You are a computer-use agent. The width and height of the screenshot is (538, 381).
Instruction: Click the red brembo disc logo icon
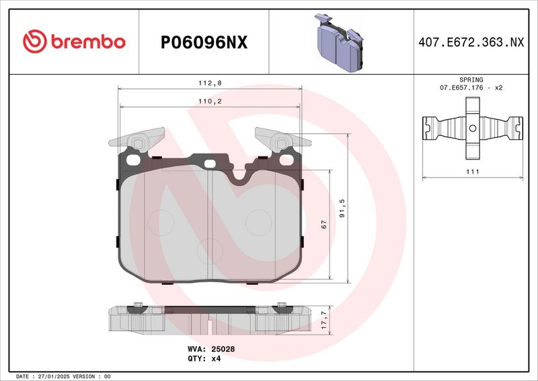[35, 42]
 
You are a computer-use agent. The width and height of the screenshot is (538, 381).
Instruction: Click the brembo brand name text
[88, 42]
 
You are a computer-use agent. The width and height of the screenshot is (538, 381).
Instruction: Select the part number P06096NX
[204, 42]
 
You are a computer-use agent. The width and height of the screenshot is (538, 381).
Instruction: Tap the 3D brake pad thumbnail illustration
[339, 42]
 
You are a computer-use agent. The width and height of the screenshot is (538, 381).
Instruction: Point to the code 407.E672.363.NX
[471, 42]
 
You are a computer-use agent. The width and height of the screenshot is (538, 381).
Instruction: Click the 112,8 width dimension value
[210, 83]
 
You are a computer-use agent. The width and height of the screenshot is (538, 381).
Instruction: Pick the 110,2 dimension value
[210, 102]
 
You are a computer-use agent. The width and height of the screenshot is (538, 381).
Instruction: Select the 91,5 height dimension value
[342, 208]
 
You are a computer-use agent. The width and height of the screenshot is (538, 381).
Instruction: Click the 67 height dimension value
[323, 225]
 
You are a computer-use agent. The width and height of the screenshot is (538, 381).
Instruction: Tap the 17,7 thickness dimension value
[324, 320]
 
